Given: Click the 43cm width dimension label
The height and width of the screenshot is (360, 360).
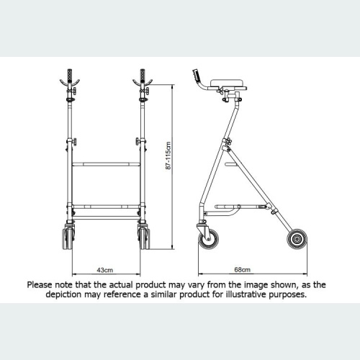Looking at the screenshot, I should pos(105,270).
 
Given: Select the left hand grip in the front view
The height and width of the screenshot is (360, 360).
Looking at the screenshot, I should pos(70,76).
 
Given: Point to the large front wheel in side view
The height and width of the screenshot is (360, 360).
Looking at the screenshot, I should pos(208,238).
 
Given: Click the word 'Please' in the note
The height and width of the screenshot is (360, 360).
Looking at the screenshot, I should pos(42,284).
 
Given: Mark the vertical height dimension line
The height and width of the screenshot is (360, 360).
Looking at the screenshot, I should pos(175,166).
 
